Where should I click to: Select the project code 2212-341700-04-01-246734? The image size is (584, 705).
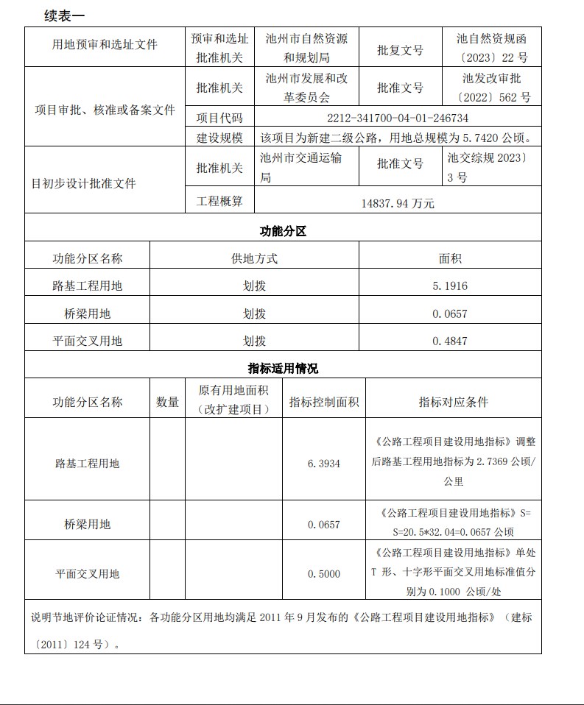[x=398, y=118]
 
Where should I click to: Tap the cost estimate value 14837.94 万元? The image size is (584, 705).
[x=398, y=203]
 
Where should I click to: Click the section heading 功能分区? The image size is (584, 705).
[x=283, y=231]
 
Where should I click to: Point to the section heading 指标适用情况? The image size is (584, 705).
[x=283, y=368]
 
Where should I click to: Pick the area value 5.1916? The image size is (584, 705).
[x=450, y=286]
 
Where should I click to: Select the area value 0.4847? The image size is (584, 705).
[x=450, y=341]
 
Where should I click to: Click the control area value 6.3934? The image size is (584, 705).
[x=324, y=463]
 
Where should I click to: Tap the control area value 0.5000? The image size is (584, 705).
[x=324, y=573]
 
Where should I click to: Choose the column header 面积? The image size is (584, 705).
[x=450, y=258]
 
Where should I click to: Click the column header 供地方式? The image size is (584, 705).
[x=254, y=258]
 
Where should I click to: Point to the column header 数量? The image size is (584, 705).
[x=167, y=402]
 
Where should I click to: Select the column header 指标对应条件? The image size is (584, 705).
[x=453, y=402]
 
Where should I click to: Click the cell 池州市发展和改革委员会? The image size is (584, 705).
[x=306, y=88]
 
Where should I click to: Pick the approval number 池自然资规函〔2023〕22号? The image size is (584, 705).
[x=492, y=48]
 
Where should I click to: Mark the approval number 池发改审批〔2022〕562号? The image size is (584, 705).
[x=492, y=88]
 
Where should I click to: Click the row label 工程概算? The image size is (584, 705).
[x=219, y=200]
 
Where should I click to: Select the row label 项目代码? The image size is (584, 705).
[x=219, y=118]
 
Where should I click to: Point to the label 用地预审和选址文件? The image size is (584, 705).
[x=105, y=45]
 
